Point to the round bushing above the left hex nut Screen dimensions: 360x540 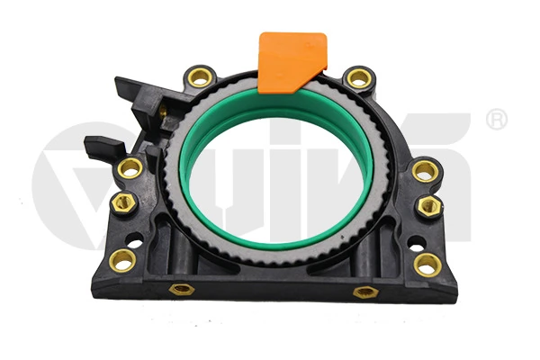130,167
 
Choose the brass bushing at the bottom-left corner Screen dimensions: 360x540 121,261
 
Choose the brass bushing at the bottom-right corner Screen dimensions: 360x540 428,264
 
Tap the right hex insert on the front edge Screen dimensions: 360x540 364,292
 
